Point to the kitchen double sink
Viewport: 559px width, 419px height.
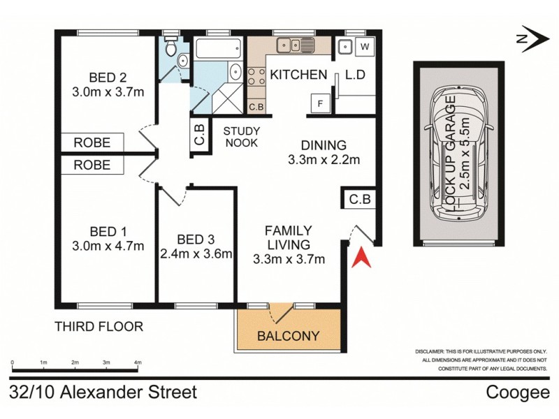click(297, 46)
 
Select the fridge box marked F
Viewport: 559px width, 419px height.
click(321, 103)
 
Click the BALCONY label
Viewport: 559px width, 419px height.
click(289, 336)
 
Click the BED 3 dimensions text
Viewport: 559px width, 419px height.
click(196, 253)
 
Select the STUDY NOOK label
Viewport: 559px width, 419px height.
click(241, 137)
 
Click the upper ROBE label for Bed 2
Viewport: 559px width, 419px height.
click(92, 142)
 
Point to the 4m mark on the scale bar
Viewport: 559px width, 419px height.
click(138, 363)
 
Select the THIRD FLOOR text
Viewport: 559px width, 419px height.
click(99, 326)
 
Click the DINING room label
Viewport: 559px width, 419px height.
click(324, 145)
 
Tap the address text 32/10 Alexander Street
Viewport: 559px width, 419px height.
click(103, 392)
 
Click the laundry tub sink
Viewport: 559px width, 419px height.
click(344, 47)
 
